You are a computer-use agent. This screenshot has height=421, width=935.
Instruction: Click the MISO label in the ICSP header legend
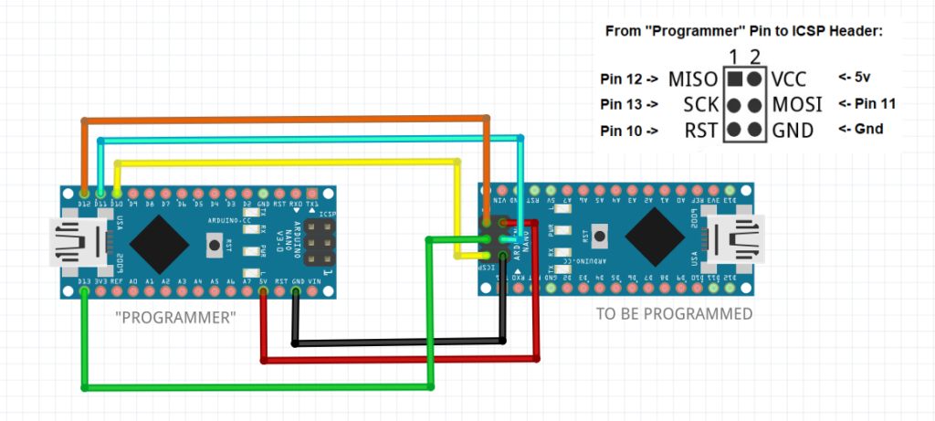click(x=693, y=79)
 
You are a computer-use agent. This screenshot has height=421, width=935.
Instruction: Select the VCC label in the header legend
click(x=790, y=79)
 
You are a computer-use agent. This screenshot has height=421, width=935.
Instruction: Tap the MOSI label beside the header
click(x=796, y=104)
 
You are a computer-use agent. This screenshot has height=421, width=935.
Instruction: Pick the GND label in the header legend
click(x=792, y=131)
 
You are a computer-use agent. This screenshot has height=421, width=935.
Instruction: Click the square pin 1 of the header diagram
click(x=735, y=79)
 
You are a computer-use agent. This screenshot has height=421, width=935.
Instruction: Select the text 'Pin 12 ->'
click(x=629, y=78)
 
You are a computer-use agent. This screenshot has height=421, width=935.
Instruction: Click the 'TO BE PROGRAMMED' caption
click(x=674, y=313)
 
